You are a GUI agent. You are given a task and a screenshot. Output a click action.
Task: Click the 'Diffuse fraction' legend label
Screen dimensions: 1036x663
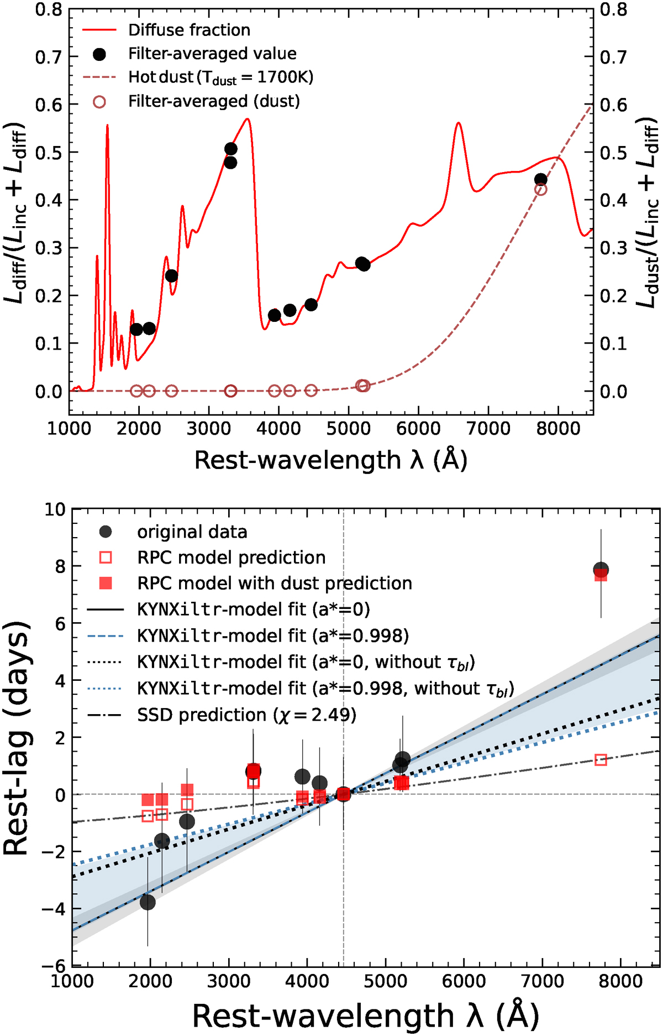point(189,30)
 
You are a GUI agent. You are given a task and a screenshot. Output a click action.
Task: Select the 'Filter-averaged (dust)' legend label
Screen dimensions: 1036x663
point(214,101)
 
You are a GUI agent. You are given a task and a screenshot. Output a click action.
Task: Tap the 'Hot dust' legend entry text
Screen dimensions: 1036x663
point(220,77)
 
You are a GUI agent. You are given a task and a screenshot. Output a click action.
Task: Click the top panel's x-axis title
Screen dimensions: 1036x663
point(331,460)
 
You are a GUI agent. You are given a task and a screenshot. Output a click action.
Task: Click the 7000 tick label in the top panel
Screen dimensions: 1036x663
point(488,428)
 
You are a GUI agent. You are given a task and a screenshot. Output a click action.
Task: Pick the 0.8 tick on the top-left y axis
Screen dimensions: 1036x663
point(49,9)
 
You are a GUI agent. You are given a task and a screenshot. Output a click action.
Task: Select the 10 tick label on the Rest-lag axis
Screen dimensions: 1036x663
point(54,509)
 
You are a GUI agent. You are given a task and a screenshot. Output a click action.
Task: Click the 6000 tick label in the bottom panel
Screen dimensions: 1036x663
point(463,981)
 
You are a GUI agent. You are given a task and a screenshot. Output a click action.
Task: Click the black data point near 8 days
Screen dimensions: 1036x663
point(601,570)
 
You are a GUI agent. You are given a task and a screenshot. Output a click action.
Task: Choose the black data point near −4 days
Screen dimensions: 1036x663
point(148,902)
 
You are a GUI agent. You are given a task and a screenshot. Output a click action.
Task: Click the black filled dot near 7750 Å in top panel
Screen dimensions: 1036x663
point(541,179)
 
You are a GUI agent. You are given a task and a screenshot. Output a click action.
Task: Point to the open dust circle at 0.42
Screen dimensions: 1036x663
point(541,190)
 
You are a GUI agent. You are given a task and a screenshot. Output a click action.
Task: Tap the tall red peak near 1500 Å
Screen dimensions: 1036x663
point(107,126)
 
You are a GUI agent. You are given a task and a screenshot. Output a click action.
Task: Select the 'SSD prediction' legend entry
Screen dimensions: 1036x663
point(246,715)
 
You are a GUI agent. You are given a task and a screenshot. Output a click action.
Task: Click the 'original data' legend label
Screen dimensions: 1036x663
point(192,532)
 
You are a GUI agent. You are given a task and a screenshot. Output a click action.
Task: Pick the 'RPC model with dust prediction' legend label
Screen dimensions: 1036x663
point(274,584)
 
